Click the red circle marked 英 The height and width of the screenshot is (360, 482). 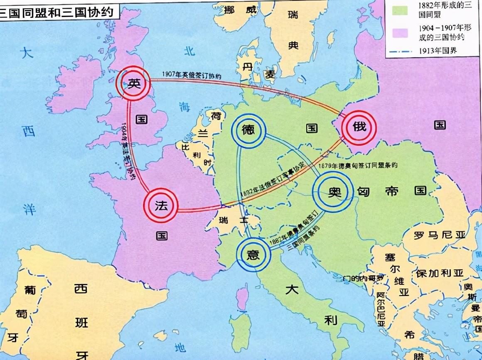point(133,83)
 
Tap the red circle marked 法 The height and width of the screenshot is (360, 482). point(161,206)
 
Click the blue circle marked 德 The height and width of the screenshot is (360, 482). point(248,130)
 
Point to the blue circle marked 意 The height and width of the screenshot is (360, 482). point(253,254)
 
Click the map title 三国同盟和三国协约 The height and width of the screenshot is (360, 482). point(58,12)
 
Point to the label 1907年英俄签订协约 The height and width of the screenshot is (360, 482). point(192,75)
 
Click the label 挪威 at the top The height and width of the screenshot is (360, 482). point(240,10)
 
